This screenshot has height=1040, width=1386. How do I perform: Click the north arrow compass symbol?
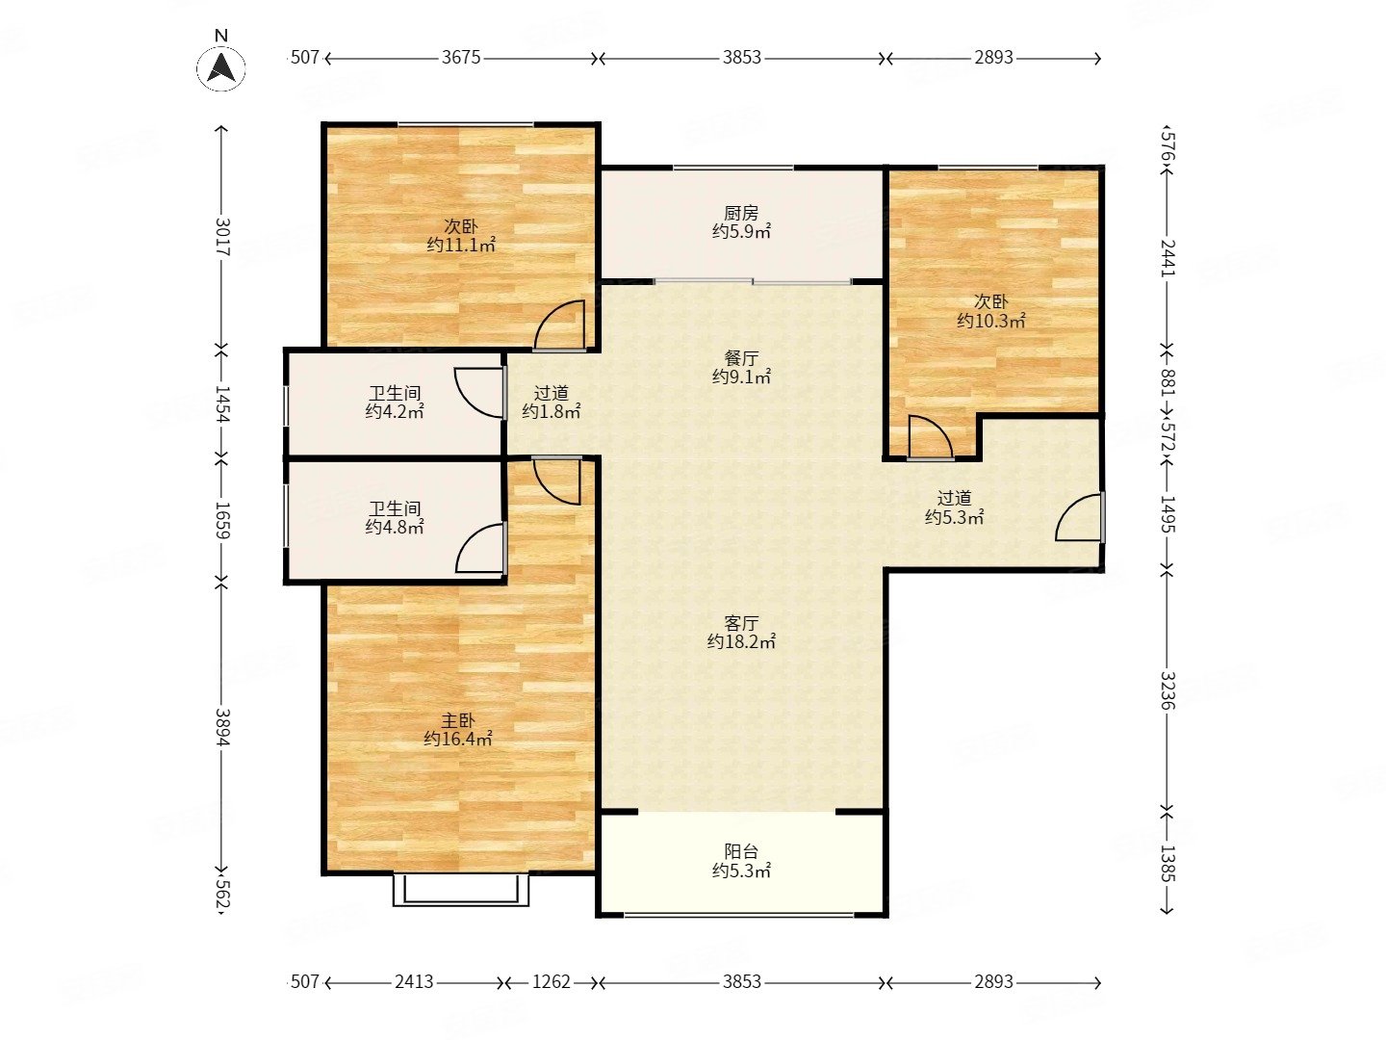click(x=221, y=67)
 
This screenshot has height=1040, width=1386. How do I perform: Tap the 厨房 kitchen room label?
click(x=741, y=213)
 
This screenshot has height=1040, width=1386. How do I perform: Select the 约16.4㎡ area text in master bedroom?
click(x=458, y=739)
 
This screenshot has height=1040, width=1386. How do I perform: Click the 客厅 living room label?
click(x=741, y=623)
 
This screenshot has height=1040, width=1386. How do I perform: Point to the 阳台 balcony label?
click(x=741, y=851)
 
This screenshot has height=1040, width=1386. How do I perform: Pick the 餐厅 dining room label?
click(x=741, y=358)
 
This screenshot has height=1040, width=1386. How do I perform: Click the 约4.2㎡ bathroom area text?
click(x=394, y=412)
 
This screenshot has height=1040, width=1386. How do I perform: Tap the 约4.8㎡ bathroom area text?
click(x=394, y=528)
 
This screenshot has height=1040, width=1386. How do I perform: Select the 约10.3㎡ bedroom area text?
click(x=990, y=321)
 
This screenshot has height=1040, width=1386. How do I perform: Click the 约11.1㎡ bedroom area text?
click(x=460, y=245)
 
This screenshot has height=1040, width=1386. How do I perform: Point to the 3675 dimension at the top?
click(x=461, y=58)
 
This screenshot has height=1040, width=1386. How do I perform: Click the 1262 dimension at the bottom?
click(x=552, y=982)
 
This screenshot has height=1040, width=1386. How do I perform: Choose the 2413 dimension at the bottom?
click(x=414, y=982)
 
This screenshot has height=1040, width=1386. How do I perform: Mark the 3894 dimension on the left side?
click(x=222, y=727)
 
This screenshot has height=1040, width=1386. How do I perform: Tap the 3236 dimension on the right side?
click(x=1168, y=690)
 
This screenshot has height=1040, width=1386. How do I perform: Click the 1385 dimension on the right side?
click(x=1168, y=864)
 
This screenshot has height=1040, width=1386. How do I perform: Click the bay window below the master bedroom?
click(x=461, y=891)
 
